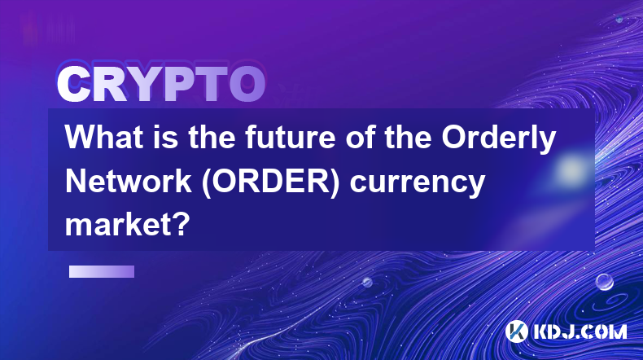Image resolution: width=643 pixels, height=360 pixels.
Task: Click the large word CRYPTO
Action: [x=161, y=84]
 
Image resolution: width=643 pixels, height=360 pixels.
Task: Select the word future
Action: [x=291, y=137]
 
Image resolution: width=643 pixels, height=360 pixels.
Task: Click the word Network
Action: [x=129, y=182]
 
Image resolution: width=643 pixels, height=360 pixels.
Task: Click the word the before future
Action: [x=212, y=137]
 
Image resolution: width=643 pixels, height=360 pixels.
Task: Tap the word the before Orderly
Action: [x=408, y=137]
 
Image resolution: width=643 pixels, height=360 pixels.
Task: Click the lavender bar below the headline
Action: [x=102, y=271]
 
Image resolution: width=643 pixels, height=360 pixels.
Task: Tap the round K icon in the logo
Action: [x=517, y=331]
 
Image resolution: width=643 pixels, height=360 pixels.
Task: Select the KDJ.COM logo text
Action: [x=580, y=331]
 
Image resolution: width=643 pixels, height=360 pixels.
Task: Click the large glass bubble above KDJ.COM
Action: [x=605, y=282]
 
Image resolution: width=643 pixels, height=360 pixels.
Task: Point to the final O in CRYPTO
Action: [x=247, y=85]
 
